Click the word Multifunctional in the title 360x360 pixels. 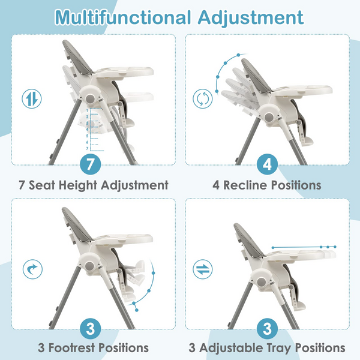pyautogui.click(x=123, y=17)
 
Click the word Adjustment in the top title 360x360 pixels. pyautogui.click(x=251, y=18)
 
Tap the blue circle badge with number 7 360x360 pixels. pyautogui.click(x=91, y=164)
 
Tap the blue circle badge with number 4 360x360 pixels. pyautogui.click(x=267, y=164)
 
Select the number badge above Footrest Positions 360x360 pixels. pyautogui.click(x=91, y=329)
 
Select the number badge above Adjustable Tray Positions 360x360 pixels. pyautogui.click(x=267, y=329)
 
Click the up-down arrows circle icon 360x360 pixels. pyautogui.click(x=32, y=99)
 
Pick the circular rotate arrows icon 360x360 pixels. pyautogui.click(x=203, y=99)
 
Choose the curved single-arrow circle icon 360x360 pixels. pyautogui.click(x=32, y=269)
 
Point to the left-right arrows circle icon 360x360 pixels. pyautogui.click(x=203, y=269)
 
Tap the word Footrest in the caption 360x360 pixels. pyautogui.click(x=72, y=347)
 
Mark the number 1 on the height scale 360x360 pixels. pyautogui.click(x=87, y=110)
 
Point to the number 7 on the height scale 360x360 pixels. pyautogui.click(x=87, y=149)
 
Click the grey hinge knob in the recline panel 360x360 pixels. pyautogui.click(x=268, y=118)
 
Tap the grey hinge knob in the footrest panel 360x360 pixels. pyautogui.click(x=89, y=266)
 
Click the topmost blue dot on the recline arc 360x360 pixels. pyautogui.click(x=239, y=55)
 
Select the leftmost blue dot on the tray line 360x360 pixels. pyautogui.click(x=273, y=248)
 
